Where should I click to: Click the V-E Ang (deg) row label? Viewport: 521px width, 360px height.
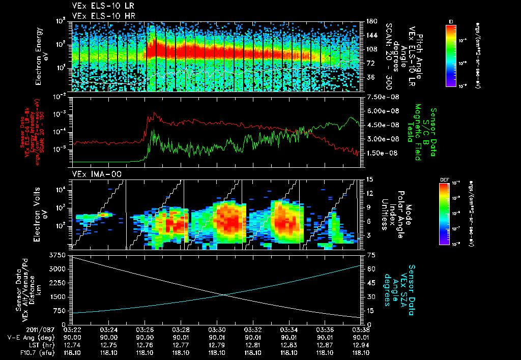(25, 337)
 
